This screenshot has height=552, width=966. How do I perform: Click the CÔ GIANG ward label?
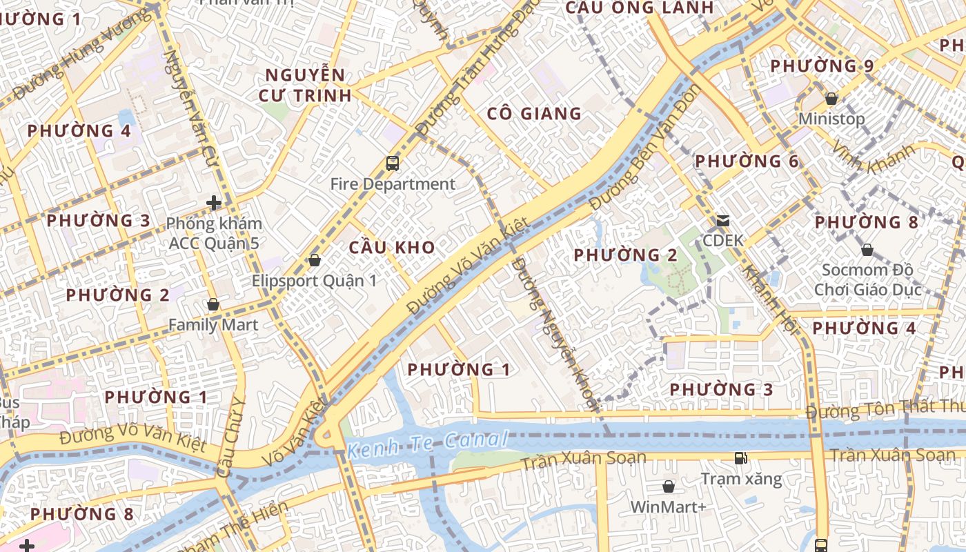(x=534, y=114)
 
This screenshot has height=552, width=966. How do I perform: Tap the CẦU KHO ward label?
(x=392, y=248)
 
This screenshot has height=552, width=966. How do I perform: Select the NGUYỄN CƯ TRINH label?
(x=305, y=86)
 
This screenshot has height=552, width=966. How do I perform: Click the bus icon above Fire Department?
(x=393, y=164)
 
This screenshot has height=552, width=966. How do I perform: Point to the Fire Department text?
(x=393, y=184)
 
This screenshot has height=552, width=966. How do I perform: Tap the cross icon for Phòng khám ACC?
(x=214, y=203)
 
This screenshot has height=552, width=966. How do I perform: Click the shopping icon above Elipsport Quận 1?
(x=315, y=260)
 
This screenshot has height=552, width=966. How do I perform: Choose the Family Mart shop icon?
(x=213, y=304)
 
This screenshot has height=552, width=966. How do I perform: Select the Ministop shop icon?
(x=831, y=99)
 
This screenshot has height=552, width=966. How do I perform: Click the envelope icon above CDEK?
(x=723, y=221)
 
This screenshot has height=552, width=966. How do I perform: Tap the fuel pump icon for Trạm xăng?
(x=741, y=458)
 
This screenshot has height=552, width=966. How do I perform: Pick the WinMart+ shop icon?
(x=668, y=486)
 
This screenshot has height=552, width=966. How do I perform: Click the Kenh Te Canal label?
(x=428, y=444)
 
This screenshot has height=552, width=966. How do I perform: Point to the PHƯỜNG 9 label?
(x=822, y=66)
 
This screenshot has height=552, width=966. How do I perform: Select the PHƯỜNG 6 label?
(x=746, y=161)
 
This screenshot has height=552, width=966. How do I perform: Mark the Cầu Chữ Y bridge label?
(x=232, y=439)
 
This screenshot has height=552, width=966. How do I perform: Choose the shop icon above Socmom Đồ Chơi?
(x=867, y=250)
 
